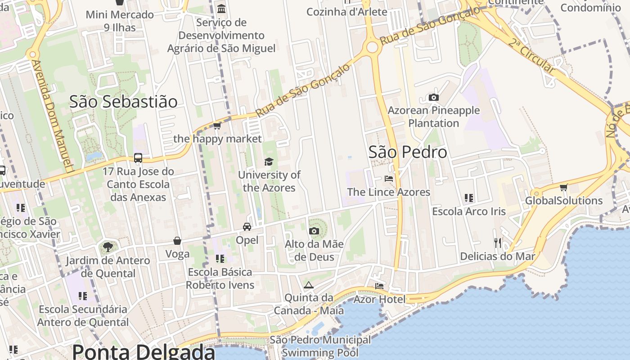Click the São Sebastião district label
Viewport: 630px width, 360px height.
point(123,102)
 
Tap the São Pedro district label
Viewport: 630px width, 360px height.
point(408,152)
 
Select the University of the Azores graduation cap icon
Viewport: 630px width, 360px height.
point(269,162)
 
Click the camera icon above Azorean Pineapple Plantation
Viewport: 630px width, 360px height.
point(433,97)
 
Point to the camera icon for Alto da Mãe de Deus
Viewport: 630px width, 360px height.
point(314,231)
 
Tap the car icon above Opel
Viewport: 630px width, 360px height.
point(247,227)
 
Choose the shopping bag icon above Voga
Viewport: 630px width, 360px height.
point(177,241)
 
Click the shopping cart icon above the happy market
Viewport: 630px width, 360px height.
point(217,126)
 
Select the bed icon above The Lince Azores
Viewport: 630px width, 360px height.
point(389,179)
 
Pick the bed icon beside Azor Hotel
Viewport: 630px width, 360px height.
point(379,286)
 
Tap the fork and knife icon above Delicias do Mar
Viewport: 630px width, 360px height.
point(497,243)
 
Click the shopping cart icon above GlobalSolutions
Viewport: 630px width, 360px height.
point(563,187)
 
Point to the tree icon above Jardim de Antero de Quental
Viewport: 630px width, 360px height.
point(108,247)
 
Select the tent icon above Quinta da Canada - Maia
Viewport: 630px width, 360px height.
point(308,285)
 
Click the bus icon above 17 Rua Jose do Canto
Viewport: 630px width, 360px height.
point(138,158)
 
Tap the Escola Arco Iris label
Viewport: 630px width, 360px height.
point(469,211)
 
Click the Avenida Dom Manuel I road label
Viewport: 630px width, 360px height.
point(53,116)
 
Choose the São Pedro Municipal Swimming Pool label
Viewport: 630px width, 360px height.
point(320,346)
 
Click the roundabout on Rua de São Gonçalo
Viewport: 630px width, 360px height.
point(372,47)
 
